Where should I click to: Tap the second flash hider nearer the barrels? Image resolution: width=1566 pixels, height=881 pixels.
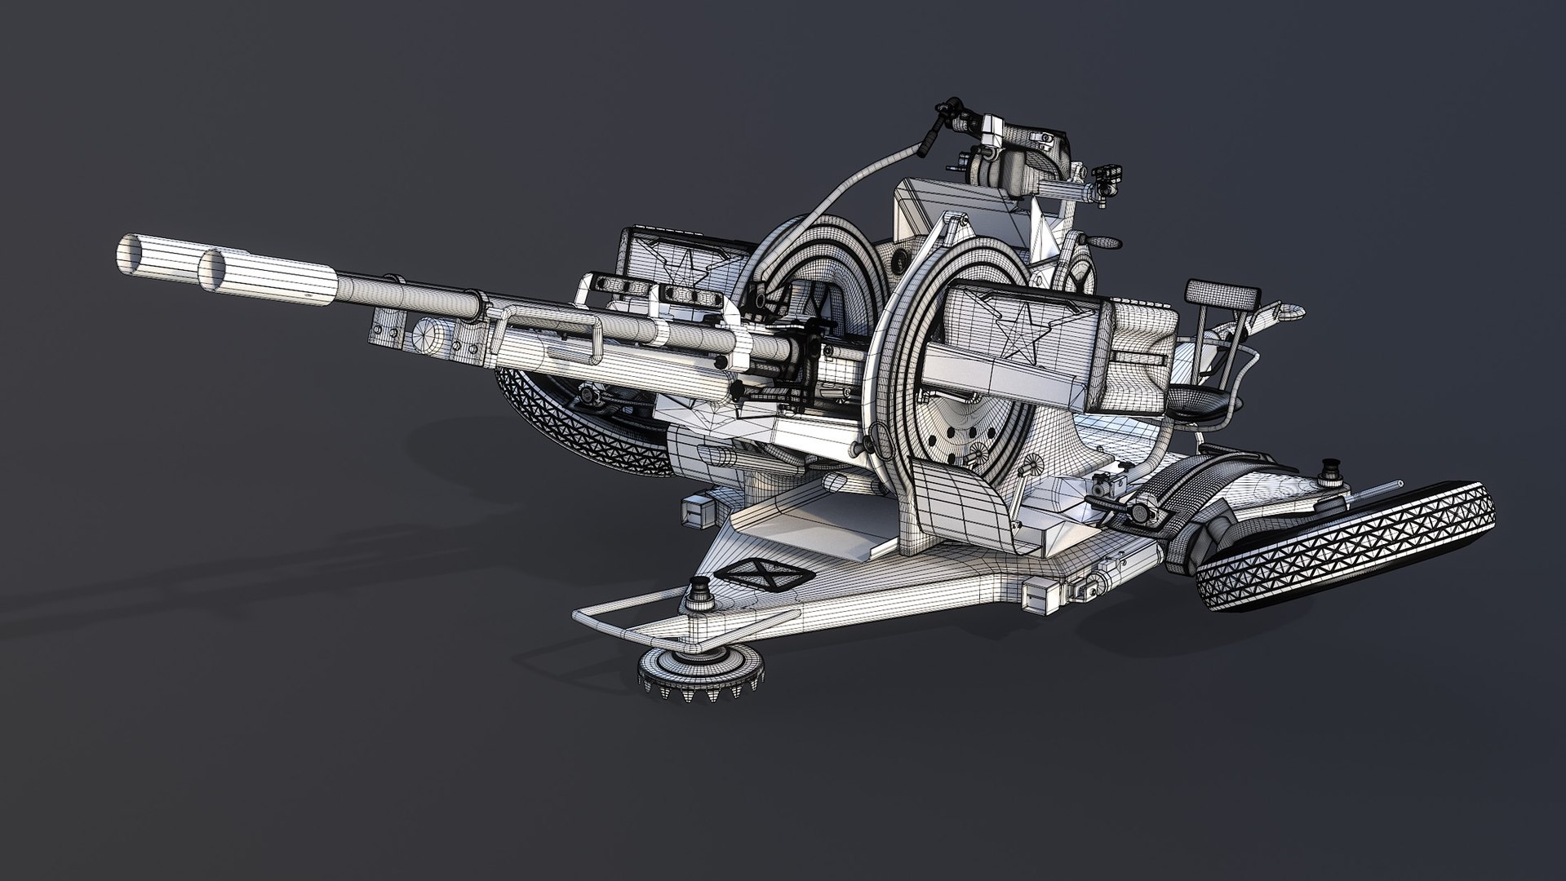coord(217,270)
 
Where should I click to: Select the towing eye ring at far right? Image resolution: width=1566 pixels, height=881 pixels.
coord(1287,310)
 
